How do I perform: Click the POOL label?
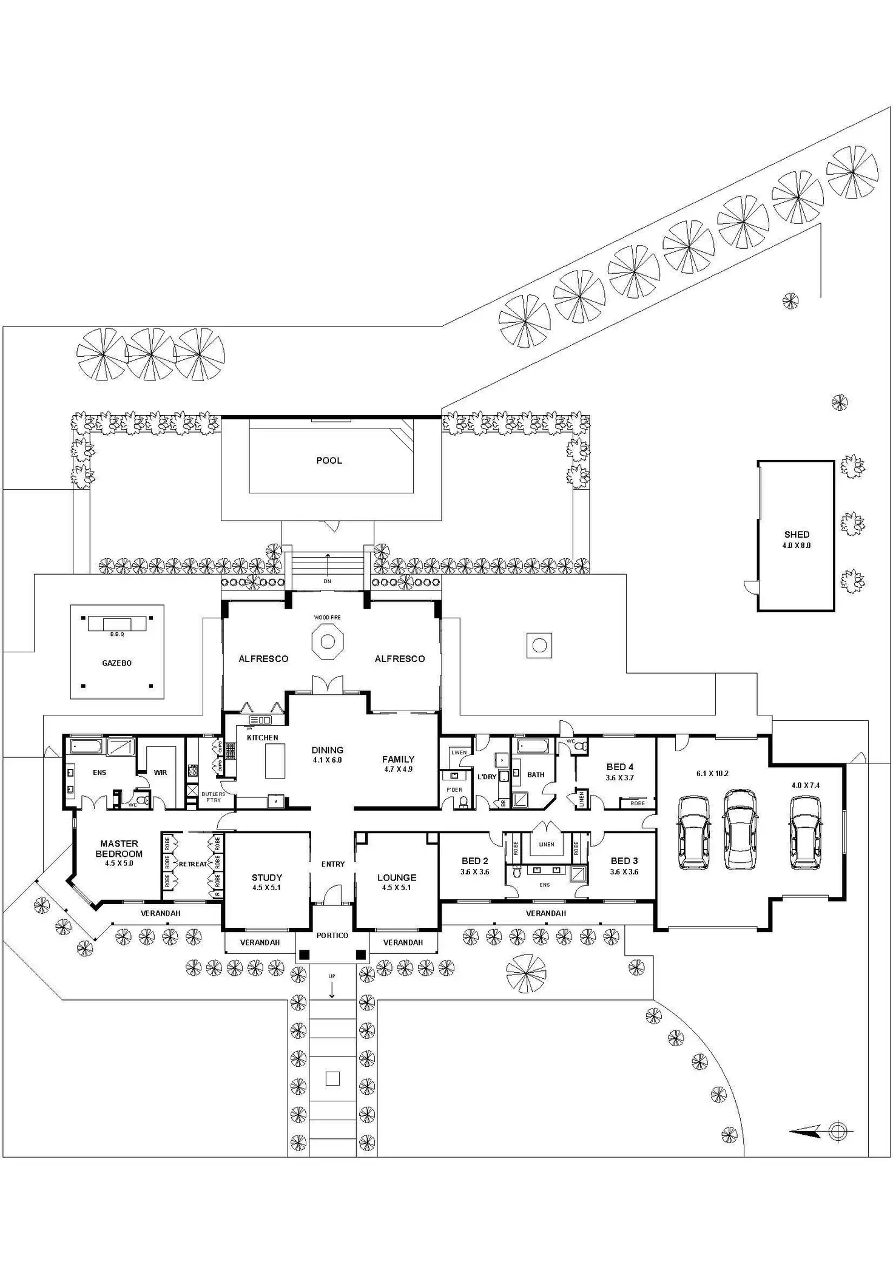(x=329, y=461)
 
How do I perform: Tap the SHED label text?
(x=797, y=535)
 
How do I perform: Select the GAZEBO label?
(x=116, y=663)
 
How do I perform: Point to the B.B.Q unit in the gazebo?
(x=117, y=624)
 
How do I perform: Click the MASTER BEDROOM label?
(x=119, y=848)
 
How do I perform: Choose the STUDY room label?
(x=267, y=877)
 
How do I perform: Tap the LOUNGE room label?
(x=397, y=877)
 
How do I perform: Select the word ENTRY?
(x=333, y=864)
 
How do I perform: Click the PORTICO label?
(x=332, y=935)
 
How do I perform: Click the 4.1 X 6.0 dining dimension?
(x=328, y=760)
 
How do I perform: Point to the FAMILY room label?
(x=398, y=759)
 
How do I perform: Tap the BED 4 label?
(x=619, y=767)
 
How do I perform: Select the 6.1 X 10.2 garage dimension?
(x=712, y=774)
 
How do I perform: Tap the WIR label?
(x=160, y=772)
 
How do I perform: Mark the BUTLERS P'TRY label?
(x=214, y=797)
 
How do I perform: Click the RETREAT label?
(x=192, y=864)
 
